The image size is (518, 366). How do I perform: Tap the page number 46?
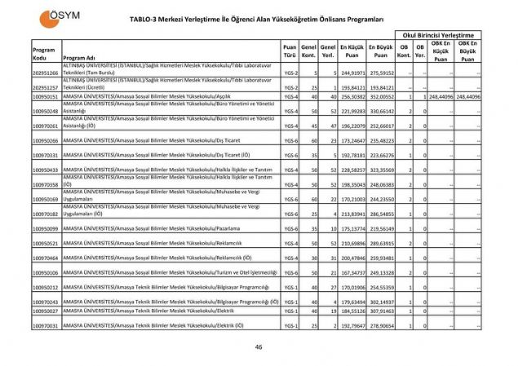point(259,346)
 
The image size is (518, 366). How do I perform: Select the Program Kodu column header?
point(44,54)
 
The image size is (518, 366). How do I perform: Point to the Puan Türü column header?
point(290,54)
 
